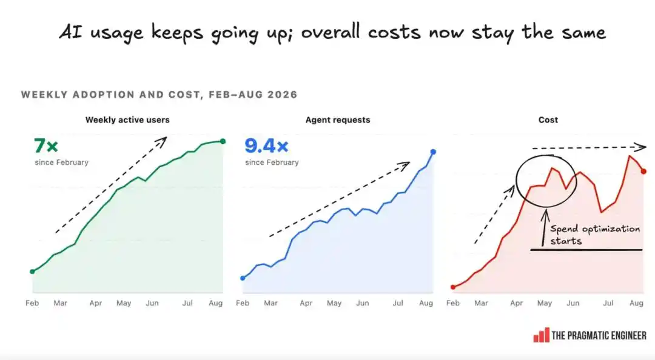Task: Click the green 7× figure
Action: [x=46, y=145]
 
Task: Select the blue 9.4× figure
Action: [x=266, y=145]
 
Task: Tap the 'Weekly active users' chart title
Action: [x=127, y=120]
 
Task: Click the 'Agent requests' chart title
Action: [x=338, y=120]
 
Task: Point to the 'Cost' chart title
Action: [x=548, y=120]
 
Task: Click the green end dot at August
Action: [x=223, y=141]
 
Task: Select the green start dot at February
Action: [x=32, y=272]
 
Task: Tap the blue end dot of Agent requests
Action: [x=433, y=152]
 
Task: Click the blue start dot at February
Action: [x=243, y=278]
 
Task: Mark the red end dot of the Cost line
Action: [x=643, y=172]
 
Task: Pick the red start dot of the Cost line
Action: [x=453, y=287]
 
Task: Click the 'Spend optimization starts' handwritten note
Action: [x=594, y=235]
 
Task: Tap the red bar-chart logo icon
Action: [x=542, y=335]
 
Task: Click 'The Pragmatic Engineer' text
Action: [x=599, y=335]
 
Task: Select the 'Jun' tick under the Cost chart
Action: [x=573, y=303]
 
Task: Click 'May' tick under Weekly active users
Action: [x=124, y=303]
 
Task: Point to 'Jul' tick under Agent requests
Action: [x=398, y=303]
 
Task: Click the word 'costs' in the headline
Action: [x=394, y=33]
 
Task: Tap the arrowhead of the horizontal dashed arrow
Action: [x=640, y=147]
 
